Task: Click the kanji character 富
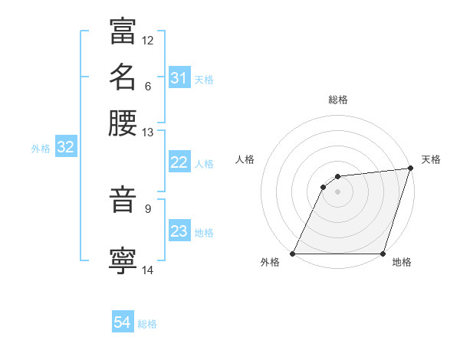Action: pos(123,31)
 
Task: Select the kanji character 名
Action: pos(123,77)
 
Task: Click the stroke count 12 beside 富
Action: pos(148,40)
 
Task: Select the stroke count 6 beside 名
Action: pos(148,85)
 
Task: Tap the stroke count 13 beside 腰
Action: pos(148,133)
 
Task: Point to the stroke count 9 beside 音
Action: pos(148,208)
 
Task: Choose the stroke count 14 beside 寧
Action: pos(148,269)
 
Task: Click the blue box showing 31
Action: pos(179,78)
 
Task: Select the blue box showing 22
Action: pos(179,162)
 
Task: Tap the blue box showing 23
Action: pos(179,231)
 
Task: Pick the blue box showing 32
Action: pos(65,148)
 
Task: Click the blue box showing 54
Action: pos(123,323)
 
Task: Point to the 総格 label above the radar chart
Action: pos(337,100)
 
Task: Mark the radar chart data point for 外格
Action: pos(292,254)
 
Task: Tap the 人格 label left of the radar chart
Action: pos(245,159)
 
